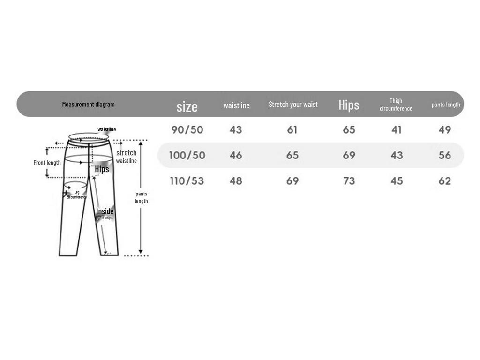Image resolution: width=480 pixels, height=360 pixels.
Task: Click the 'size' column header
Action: point(187,106)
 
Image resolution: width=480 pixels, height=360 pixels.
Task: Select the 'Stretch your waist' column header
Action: point(293,105)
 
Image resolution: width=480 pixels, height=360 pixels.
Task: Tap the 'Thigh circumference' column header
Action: point(396,105)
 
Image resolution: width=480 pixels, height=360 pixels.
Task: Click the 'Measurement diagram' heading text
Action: point(89,105)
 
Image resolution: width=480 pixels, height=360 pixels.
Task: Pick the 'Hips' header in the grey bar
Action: point(349,105)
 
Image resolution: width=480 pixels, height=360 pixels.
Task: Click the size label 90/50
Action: point(187,129)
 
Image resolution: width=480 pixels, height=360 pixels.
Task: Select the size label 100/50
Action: point(187,155)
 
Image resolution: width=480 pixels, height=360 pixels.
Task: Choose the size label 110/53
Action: point(187,181)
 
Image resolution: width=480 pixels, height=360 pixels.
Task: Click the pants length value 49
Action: point(445,129)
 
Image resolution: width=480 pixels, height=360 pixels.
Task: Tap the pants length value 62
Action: point(445,181)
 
